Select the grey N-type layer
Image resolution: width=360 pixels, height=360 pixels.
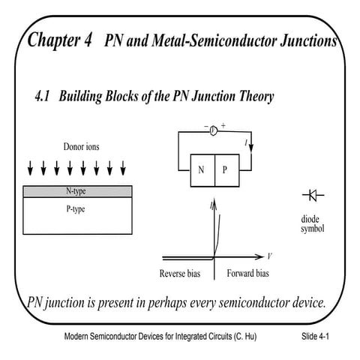(x=78, y=191)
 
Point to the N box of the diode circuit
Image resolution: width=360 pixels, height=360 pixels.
(x=200, y=169)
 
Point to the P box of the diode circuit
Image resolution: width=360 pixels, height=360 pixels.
(x=225, y=169)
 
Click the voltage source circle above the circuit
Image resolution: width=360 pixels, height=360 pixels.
(x=212, y=131)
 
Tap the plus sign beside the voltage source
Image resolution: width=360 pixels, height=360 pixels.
(x=223, y=125)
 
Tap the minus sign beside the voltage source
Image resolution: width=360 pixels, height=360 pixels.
(x=205, y=126)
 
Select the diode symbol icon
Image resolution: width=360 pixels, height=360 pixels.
(x=313, y=196)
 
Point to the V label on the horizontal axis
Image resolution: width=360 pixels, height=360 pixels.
(x=269, y=255)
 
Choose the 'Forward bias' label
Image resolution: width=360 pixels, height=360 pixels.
(x=247, y=274)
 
